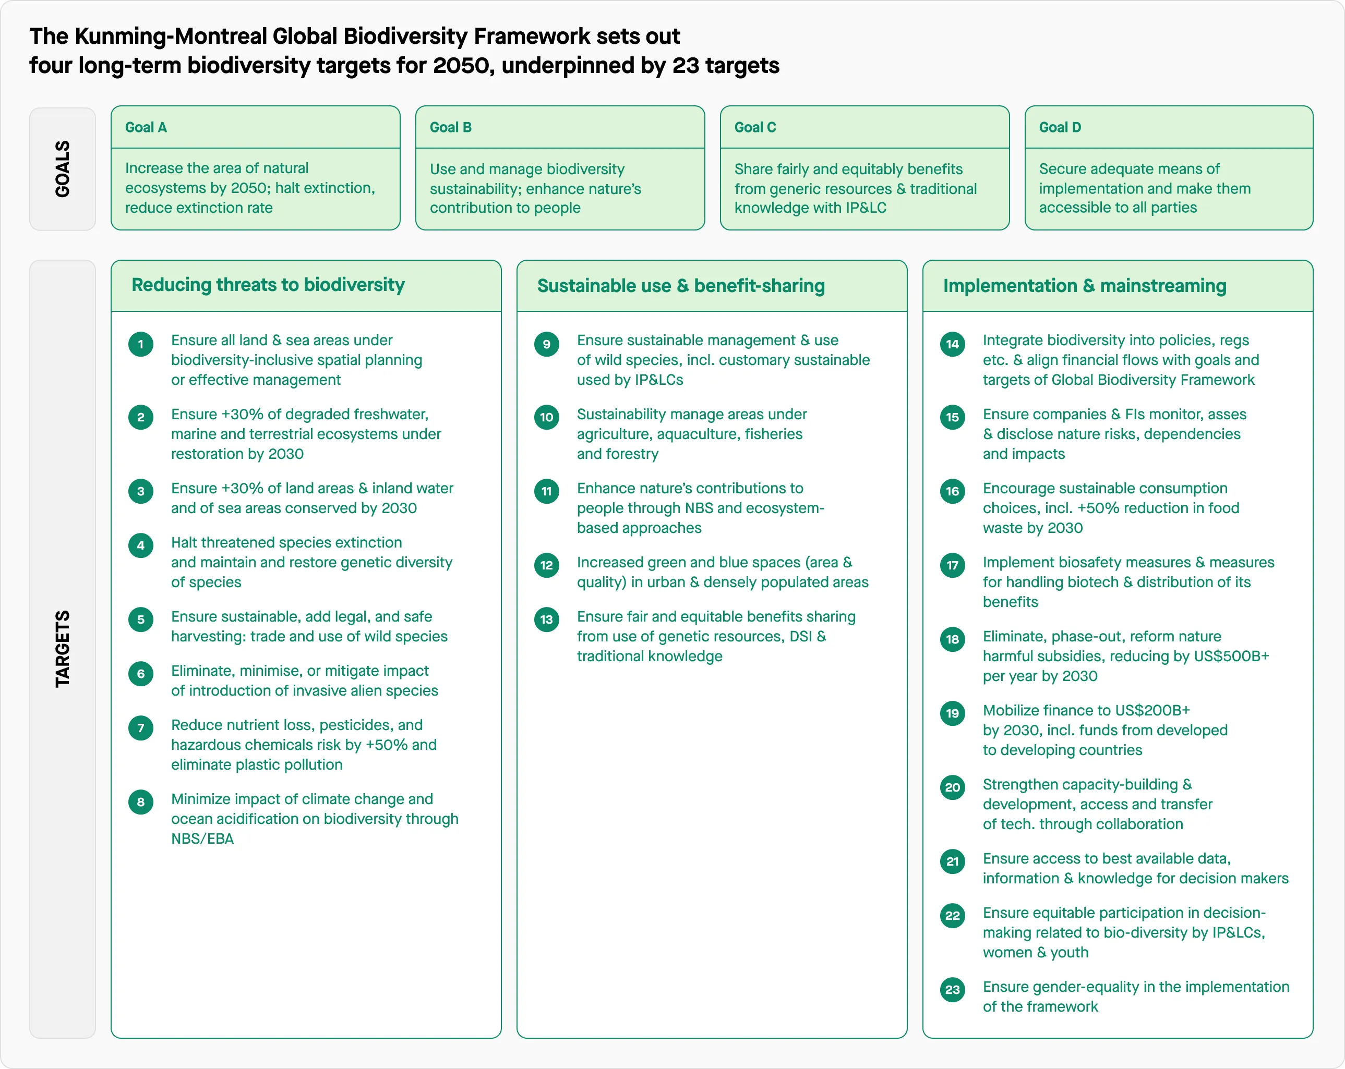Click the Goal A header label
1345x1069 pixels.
coord(146,127)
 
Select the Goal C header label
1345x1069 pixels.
coord(755,127)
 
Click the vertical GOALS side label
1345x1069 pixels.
coord(63,169)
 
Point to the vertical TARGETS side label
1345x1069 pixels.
coord(63,649)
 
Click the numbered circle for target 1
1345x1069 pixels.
coord(141,344)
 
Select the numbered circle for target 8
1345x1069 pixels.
coord(141,803)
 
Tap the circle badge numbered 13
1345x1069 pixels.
coord(546,620)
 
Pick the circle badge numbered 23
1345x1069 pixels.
coord(953,990)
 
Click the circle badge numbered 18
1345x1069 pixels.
coord(953,639)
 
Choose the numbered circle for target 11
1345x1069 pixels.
coord(546,491)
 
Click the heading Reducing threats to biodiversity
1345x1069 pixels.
coord(268,285)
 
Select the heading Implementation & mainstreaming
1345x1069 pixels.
coord(1084,286)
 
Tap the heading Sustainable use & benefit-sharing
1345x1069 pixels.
coord(681,286)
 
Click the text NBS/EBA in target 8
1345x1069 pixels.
coord(202,839)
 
